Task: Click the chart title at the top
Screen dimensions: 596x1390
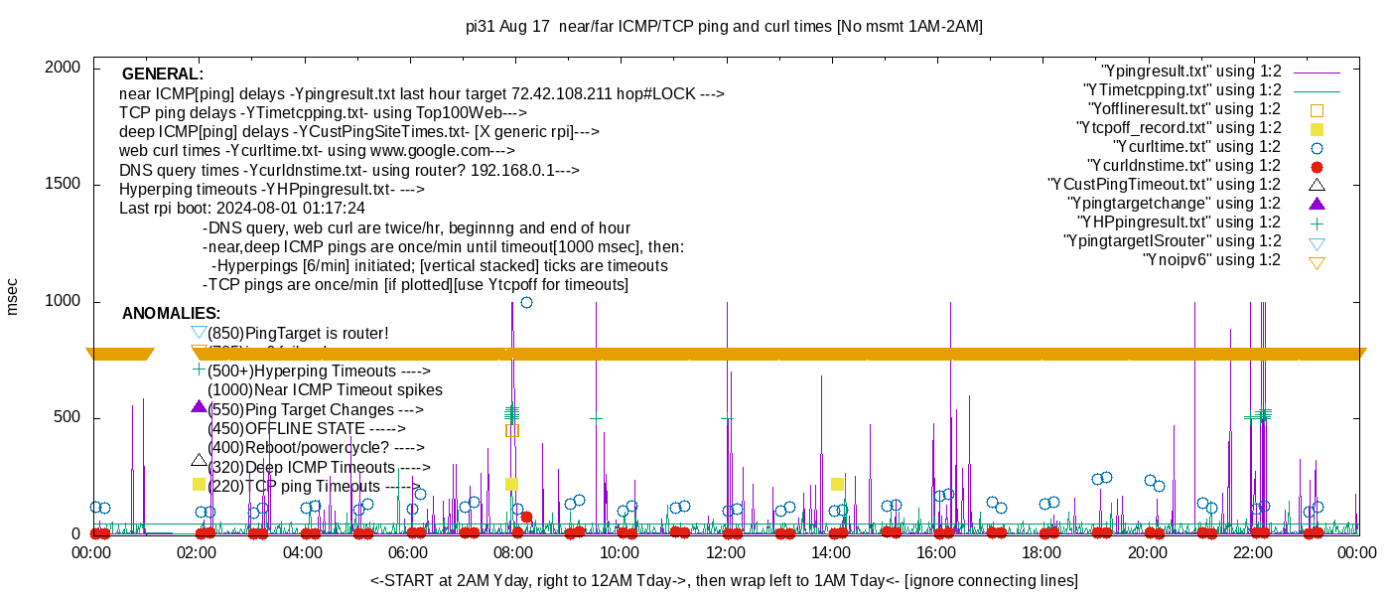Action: click(724, 27)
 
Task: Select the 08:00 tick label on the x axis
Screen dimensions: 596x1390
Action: click(513, 553)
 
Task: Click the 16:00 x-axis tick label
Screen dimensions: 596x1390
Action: click(935, 553)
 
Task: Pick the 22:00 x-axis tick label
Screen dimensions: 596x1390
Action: click(1252, 553)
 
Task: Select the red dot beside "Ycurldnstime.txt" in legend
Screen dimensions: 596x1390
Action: click(1317, 166)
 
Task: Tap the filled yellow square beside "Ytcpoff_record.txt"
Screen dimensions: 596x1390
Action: click(1317, 128)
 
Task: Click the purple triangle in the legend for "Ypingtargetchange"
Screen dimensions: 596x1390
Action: click(1317, 204)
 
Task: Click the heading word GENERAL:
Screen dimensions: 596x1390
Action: click(163, 74)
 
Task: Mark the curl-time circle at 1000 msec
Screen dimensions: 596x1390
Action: click(526, 302)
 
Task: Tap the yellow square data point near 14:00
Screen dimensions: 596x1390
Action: click(837, 484)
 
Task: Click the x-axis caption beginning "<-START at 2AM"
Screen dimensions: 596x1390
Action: click(724, 580)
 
